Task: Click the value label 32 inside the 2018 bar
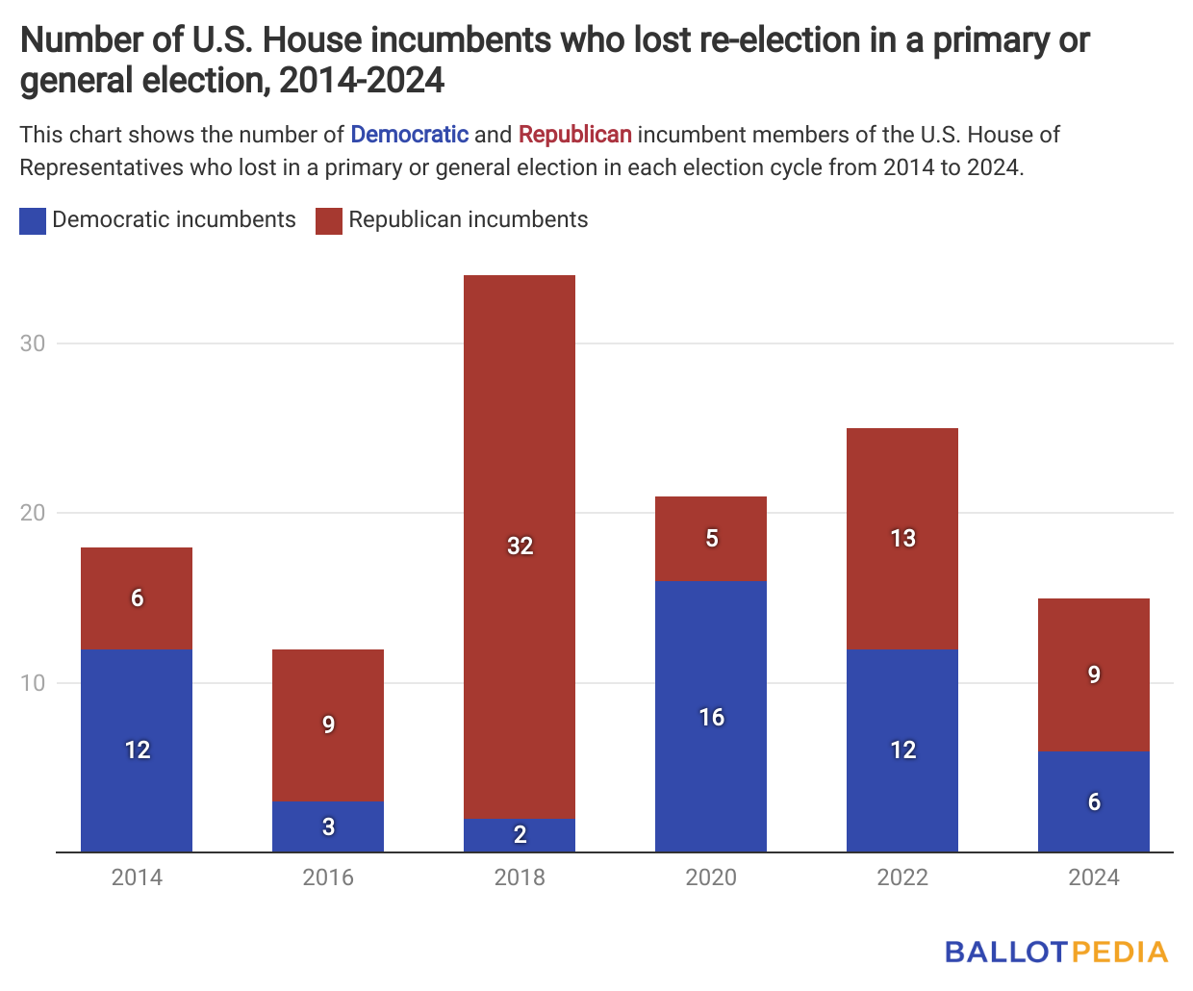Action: pos(520,546)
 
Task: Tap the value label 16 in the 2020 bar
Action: pos(711,717)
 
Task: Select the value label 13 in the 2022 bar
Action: pos(902,538)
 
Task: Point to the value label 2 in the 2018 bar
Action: pos(520,834)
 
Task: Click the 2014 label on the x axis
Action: pos(137,877)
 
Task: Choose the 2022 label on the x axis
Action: pos(902,877)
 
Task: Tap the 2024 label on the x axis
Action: pos(1094,877)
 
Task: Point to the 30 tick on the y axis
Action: pos(33,343)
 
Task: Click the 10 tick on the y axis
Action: pos(33,683)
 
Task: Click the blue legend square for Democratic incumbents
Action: pos(33,221)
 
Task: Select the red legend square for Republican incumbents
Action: pos(329,221)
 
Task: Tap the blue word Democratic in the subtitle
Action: pos(409,135)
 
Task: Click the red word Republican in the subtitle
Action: pos(574,135)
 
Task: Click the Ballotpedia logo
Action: pos(1055,953)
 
